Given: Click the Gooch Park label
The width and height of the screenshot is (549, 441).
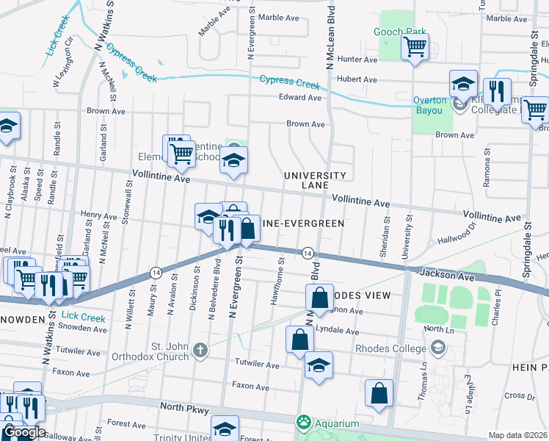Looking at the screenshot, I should tap(399, 32).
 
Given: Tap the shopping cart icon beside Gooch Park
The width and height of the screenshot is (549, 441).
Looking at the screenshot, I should tap(415, 48).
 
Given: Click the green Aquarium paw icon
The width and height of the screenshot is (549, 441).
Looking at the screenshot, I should tap(302, 423).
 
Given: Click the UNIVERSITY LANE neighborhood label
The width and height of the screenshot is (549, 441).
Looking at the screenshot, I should tap(315, 180).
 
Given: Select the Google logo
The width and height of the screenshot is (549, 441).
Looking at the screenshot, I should tap(23, 431).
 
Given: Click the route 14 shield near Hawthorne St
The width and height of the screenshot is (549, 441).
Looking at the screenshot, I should tap(308, 253).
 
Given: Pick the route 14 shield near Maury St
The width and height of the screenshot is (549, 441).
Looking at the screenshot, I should tap(156, 272).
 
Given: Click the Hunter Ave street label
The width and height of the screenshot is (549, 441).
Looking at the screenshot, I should tap(357, 59).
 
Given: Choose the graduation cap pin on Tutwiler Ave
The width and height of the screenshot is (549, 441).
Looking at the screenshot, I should tap(319, 365).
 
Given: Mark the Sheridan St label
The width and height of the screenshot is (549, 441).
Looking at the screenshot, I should tap(384, 237).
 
